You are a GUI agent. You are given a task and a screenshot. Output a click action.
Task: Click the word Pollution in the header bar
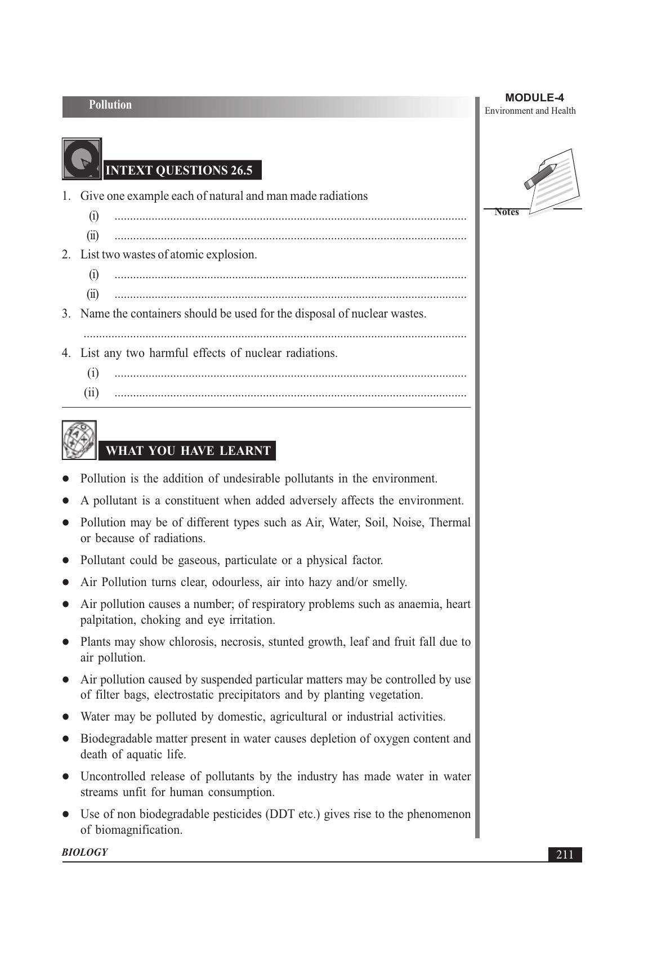click(x=110, y=105)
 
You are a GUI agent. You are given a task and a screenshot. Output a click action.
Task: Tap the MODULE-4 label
click(x=534, y=98)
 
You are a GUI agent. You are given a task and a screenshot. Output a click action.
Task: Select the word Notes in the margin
click(x=507, y=212)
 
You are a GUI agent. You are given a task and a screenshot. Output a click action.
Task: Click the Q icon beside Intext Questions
click(x=82, y=159)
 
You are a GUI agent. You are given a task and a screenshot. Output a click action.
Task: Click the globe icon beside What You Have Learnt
click(x=79, y=440)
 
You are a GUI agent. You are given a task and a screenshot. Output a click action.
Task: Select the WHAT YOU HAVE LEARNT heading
click(x=187, y=451)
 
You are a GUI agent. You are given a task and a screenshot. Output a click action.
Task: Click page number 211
click(x=565, y=855)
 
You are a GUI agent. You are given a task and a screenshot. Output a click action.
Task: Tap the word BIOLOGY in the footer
click(x=85, y=852)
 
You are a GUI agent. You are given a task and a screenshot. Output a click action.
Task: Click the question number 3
click(x=66, y=314)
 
